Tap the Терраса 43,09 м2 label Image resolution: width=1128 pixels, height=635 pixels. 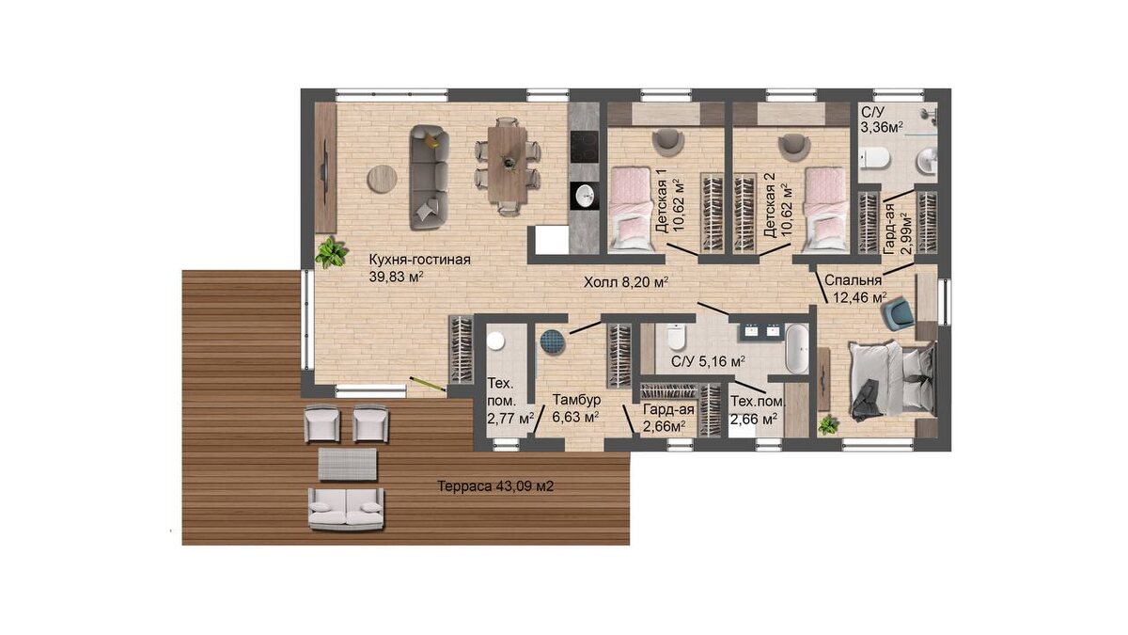495,486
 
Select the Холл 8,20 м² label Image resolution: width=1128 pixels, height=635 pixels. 626,282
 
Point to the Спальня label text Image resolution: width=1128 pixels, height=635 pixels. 854,280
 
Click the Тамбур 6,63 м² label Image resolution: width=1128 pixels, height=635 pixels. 576,408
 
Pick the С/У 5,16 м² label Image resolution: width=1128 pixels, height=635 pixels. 709,361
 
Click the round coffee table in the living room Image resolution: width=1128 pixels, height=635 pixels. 382,179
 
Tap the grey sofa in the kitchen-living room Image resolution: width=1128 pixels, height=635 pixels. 429,178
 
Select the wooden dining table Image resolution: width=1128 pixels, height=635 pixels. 507,165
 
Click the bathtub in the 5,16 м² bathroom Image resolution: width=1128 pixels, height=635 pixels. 797,349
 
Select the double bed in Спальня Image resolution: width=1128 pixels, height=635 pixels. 892,379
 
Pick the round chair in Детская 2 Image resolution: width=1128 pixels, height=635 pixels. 794,144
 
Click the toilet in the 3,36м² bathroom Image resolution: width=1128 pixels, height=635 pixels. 875,160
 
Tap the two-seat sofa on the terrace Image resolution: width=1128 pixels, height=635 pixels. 346,509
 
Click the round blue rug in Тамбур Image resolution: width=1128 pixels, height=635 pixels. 553,341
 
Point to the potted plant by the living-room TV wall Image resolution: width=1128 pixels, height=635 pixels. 331,252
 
